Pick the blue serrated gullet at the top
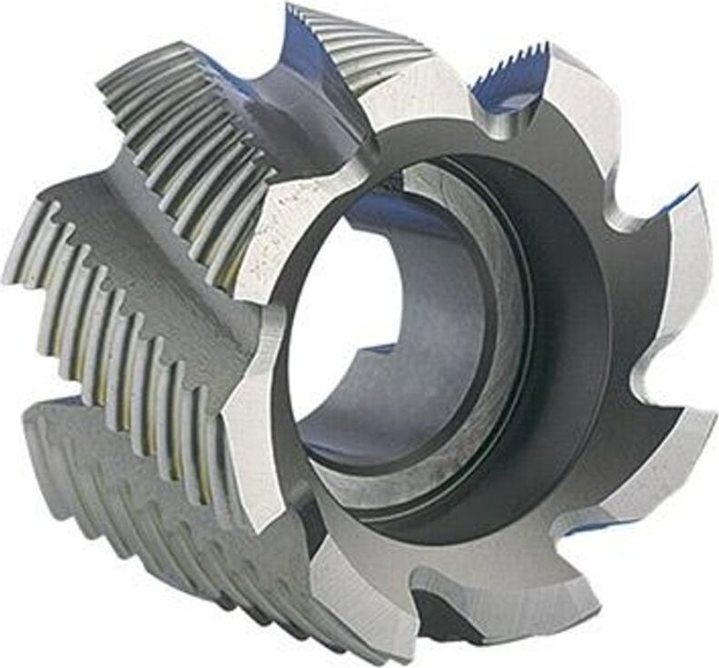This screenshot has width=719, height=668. pyautogui.click(x=508, y=86)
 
